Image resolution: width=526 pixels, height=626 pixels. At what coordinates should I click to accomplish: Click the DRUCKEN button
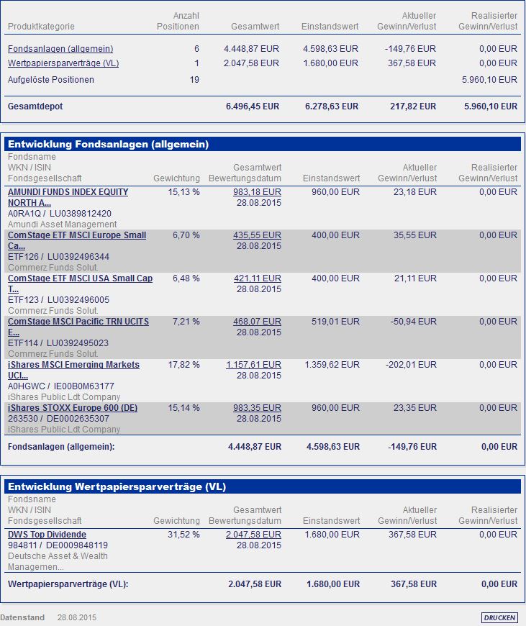pos(499,617)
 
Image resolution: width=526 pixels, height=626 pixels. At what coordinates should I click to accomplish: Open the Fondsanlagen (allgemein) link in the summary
pos(60,49)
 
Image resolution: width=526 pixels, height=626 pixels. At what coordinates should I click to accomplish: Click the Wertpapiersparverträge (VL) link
pos(63,63)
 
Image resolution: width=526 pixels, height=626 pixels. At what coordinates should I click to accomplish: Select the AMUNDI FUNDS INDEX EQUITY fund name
pos(68,192)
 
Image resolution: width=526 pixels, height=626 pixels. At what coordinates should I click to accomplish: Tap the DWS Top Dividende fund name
pos(47,535)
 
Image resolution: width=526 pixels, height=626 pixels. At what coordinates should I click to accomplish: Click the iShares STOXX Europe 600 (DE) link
pos(73,408)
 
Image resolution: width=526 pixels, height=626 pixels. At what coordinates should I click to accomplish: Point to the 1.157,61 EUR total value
pos(253,365)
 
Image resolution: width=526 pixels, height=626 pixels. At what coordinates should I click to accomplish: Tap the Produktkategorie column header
pos(41,27)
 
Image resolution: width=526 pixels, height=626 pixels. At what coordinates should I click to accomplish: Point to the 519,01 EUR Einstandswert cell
pos(336,322)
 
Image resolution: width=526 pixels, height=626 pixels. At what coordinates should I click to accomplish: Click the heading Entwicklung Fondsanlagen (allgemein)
pos(109,145)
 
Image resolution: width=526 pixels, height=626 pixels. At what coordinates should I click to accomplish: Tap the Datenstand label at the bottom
pos(22,617)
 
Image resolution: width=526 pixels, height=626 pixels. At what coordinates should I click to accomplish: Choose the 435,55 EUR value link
pos(257,235)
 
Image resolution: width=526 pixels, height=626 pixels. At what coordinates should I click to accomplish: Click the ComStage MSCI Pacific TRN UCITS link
pos(78,322)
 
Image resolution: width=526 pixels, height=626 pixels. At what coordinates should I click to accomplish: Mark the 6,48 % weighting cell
pos(186,278)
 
